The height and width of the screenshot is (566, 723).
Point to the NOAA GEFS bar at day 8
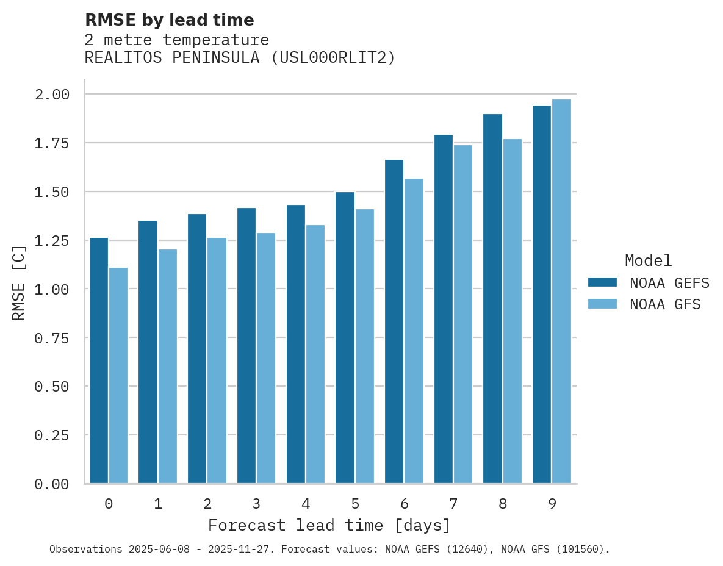pos(492,299)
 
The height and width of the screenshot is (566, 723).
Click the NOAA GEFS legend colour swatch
pos(602,282)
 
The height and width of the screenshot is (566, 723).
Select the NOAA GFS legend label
pos(665,304)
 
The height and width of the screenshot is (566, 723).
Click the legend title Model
pos(649,260)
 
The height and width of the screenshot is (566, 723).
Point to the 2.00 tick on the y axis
pos(52,95)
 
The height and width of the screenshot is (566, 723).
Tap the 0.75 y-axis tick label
pos(52,338)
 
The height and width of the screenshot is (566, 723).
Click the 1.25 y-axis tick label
pos(52,241)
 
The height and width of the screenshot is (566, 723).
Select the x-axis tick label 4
pos(306,504)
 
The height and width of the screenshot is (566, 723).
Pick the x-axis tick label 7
pos(453,504)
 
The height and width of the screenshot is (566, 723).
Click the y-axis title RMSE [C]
pos(19,282)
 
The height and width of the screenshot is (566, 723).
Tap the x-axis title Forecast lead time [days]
pos(329,525)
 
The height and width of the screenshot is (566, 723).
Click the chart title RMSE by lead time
pos(170,20)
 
